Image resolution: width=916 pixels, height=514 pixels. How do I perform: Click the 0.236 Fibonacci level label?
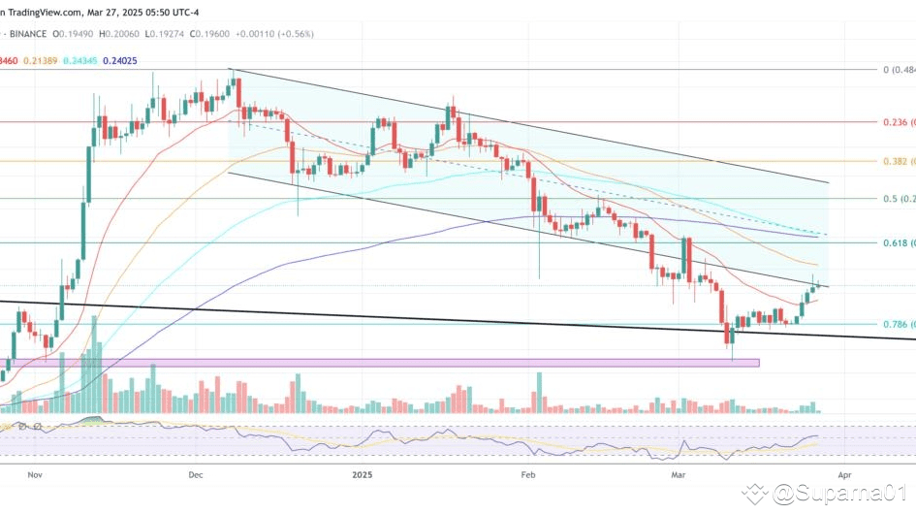[x=897, y=122]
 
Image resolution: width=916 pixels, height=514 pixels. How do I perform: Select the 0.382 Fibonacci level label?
[x=897, y=160]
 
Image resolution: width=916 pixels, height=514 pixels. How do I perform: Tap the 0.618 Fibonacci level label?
[x=897, y=242]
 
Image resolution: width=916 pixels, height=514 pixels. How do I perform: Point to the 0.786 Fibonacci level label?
[x=897, y=324]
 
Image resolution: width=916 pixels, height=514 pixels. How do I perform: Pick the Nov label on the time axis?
[x=36, y=475]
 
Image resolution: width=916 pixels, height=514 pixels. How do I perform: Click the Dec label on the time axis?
[x=195, y=475]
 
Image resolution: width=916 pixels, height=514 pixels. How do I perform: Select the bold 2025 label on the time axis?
[x=363, y=475]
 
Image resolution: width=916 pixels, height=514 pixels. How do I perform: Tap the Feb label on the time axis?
[x=529, y=475]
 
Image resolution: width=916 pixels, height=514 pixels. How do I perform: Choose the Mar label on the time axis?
[x=679, y=475]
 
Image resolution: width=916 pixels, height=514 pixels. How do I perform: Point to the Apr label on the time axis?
[x=844, y=475]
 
